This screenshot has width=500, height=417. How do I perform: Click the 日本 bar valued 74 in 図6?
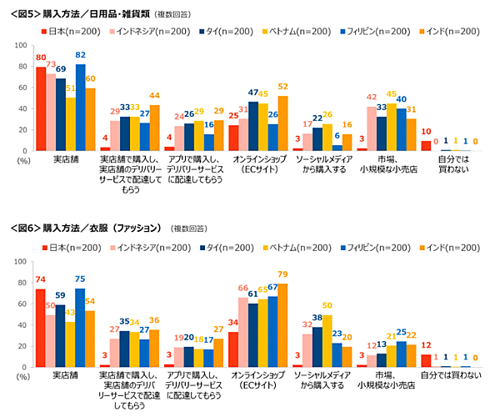(40, 328)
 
